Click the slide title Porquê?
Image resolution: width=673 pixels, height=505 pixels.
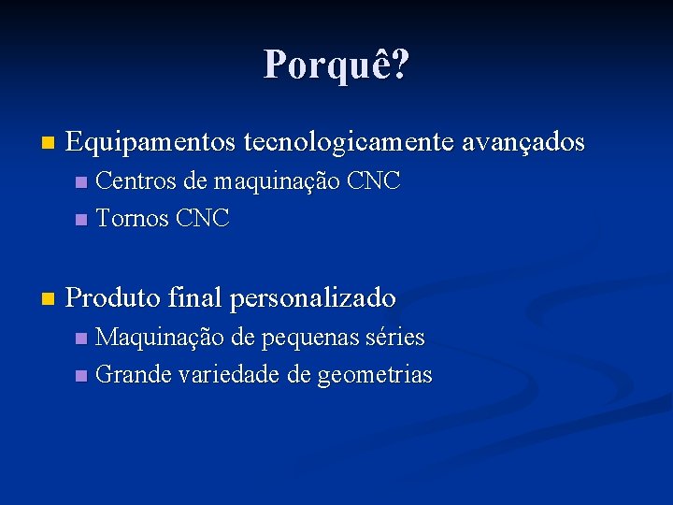[336, 65]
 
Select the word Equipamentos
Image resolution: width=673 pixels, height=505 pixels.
[151, 143]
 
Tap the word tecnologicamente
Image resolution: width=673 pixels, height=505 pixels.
[347, 143]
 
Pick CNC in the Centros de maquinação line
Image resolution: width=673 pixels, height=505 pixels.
[373, 181]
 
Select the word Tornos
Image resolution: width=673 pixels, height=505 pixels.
[132, 219]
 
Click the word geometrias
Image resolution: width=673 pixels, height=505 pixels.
[375, 375]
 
